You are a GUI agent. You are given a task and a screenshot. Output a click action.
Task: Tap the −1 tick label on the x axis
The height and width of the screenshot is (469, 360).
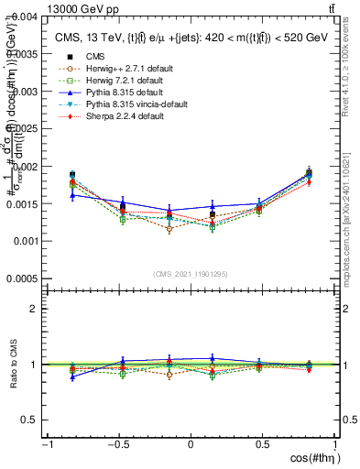[47, 445]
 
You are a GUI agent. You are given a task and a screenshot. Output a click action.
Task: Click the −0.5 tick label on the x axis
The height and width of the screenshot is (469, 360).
[117, 445]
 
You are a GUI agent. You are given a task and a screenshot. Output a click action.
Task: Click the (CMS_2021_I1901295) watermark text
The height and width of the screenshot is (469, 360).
[190, 274]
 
